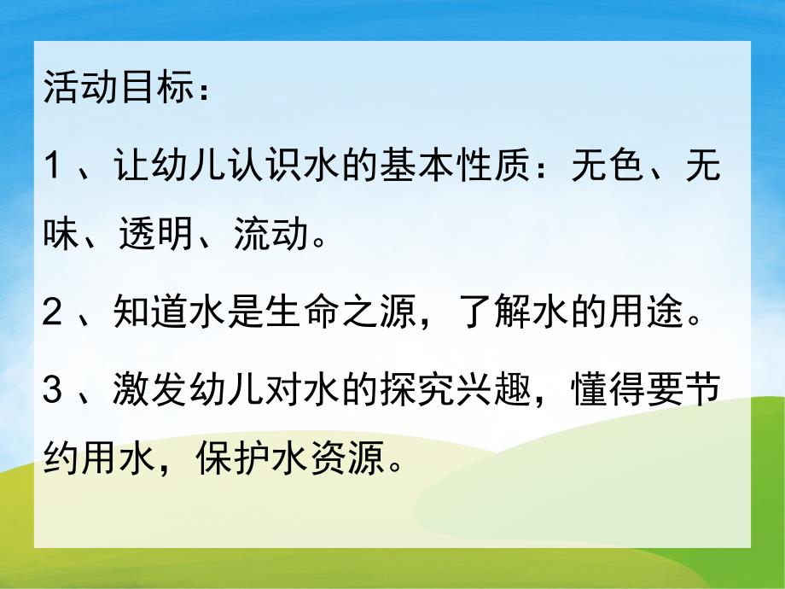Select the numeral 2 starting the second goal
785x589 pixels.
(x=53, y=315)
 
